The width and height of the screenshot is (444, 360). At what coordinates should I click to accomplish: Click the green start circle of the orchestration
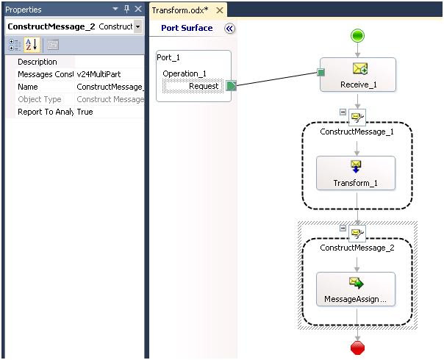(357, 36)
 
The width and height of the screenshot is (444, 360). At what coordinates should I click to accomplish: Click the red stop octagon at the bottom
(357, 348)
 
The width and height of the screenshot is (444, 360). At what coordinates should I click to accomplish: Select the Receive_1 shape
(358, 75)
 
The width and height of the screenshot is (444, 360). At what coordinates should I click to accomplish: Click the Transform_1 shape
(356, 173)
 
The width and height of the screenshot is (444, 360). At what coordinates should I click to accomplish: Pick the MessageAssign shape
(356, 289)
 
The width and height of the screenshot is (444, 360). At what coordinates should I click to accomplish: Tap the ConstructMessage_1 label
(357, 132)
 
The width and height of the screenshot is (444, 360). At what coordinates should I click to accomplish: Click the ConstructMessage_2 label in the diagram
(357, 248)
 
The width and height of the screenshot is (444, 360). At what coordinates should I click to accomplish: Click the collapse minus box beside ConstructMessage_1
(343, 112)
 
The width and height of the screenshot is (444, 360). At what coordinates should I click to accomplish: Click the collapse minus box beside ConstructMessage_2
(343, 228)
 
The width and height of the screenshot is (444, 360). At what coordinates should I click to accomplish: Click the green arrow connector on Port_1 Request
(231, 86)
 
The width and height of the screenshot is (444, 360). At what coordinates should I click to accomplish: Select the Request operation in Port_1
(193, 86)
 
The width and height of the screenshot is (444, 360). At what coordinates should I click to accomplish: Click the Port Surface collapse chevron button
(229, 29)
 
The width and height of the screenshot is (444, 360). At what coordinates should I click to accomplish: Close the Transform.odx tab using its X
(220, 10)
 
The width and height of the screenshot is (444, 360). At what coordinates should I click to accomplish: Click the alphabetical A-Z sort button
(32, 45)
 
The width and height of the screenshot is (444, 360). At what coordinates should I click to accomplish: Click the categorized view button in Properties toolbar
(15, 45)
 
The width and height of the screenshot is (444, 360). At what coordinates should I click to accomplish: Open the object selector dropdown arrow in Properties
(137, 27)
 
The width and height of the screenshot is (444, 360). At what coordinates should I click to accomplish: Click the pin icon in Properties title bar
(127, 10)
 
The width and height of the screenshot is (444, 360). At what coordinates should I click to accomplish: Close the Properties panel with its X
(138, 9)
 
